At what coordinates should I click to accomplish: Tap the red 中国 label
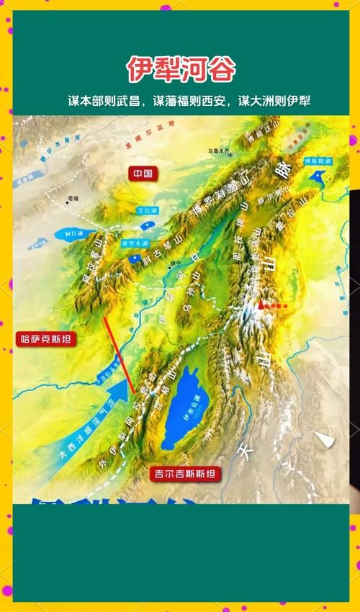[143, 174]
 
